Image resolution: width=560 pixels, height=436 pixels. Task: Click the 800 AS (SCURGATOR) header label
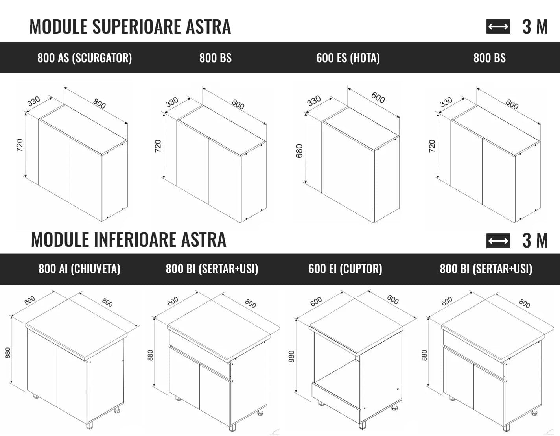pyautogui.click(x=85, y=58)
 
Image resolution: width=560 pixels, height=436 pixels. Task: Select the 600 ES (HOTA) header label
pyautogui.click(x=348, y=58)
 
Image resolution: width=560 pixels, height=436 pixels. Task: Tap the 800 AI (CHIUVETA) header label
pyautogui.click(x=79, y=269)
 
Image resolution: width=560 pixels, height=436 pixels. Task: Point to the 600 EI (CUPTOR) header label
pyautogui.click(x=345, y=269)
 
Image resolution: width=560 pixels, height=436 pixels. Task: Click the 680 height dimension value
pyautogui.click(x=299, y=151)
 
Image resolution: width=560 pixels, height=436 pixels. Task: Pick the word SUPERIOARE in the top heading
pyautogui.click(x=137, y=26)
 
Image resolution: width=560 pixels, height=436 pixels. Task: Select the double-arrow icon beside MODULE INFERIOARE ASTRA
pyautogui.click(x=498, y=241)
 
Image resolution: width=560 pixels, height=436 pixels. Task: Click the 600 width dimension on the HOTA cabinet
pyautogui.click(x=378, y=98)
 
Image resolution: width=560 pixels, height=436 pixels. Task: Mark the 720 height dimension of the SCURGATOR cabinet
pyautogui.click(x=20, y=145)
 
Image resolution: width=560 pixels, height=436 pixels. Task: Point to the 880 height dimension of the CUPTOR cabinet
pyautogui.click(x=291, y=357)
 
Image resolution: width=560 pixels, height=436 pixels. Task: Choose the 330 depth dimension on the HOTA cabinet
pyautogui.click(x=314, y=101)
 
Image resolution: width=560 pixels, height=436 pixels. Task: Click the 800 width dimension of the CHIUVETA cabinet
pyautogui.click(x=107, y=303)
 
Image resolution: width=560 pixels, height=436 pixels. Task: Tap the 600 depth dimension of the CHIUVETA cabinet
pyautogui.click(x=29, y=300)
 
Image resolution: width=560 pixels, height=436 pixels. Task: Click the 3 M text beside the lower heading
pyautogui.click(x=535, y=240)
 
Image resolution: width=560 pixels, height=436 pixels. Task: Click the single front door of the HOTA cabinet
pyautogui.click(x=348, y=172)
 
